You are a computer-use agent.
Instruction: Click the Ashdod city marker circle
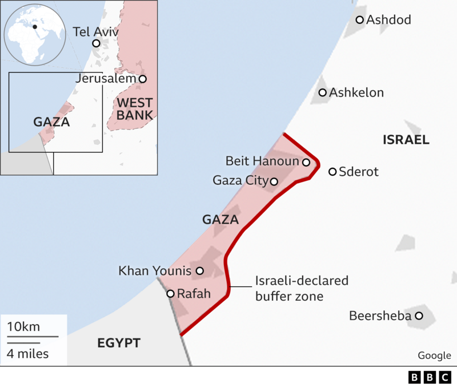click(360, 20)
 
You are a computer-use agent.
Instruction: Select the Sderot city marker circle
click(332, 172)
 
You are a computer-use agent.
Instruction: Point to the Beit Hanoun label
click(262, 161)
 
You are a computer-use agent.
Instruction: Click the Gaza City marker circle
click(274, 181)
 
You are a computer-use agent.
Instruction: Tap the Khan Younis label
click(154, 271)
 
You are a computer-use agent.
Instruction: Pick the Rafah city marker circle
click(170, 294)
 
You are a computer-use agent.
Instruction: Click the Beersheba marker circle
click(419, 316)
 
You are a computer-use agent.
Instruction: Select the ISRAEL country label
click(406, 140)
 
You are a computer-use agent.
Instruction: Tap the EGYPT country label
click(119, 343)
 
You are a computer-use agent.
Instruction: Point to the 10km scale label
click(23, 327)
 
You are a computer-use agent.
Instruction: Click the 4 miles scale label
click(28, 354)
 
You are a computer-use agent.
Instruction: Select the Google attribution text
click(434, 355)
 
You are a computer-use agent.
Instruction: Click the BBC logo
click(430, 378)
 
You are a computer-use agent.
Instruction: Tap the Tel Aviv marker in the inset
click(96, 43)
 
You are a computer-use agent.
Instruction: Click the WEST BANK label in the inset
click(135, 109)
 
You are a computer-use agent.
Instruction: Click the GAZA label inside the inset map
click(51, 122)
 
